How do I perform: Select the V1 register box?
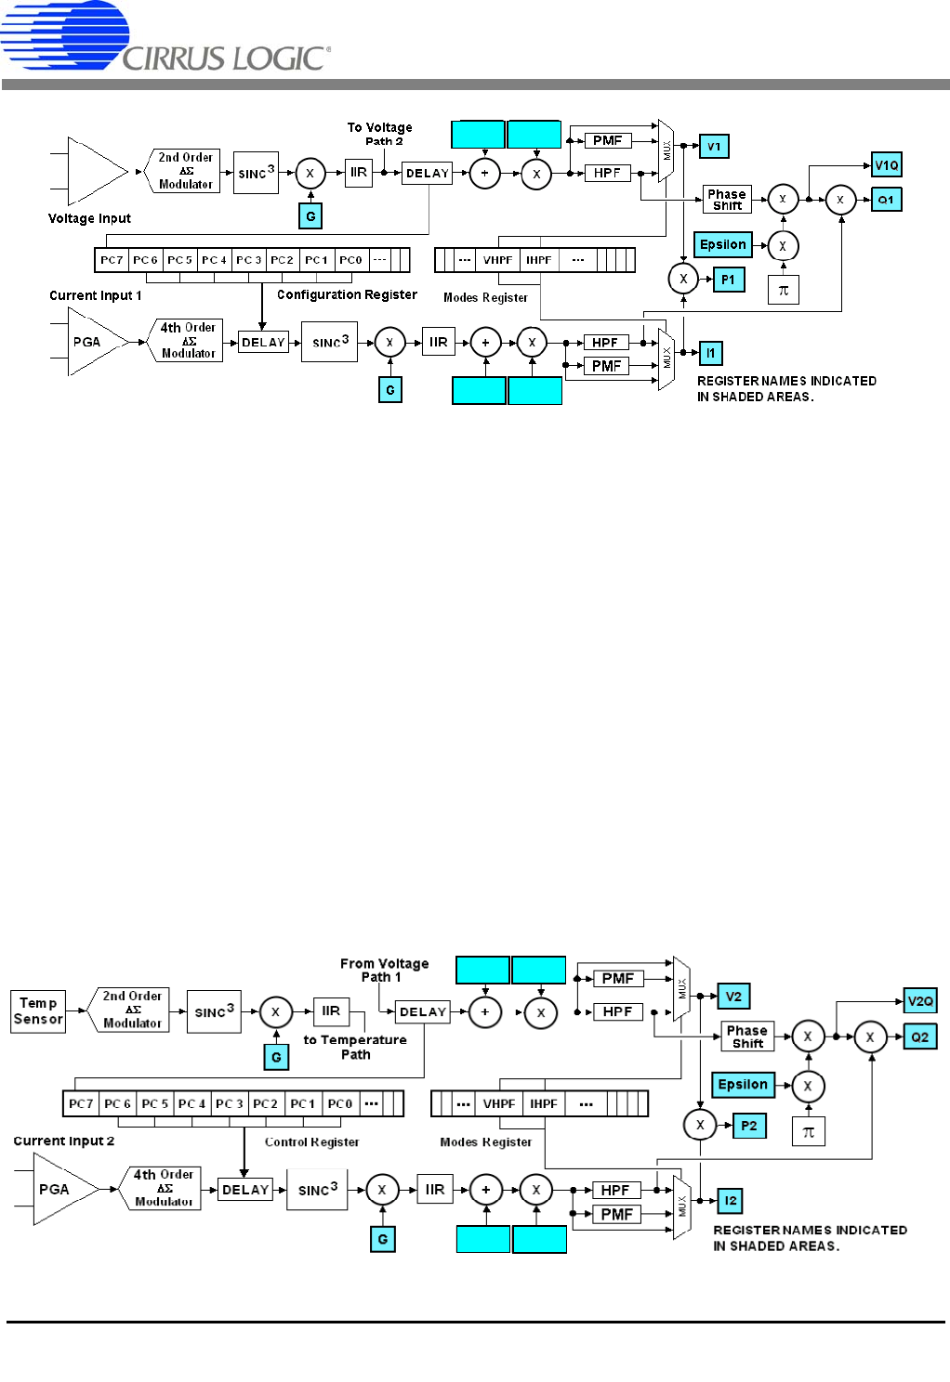(x=714, y=147)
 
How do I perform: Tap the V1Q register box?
(x=887, y=165)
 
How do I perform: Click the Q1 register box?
(x=886, y=200)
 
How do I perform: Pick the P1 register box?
(x=728, y=280)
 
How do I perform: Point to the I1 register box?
(x=710, y=353)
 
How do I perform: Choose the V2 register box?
(x=733, y=997)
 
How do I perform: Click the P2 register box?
(x=749, y=1126)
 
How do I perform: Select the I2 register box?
(x=731, y=1201)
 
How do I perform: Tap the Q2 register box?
(x=919, y=1037)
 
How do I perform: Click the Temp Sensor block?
(x=38, y=1011)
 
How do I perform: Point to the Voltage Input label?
(x=89, y=219)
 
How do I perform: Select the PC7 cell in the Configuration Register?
(x=112, y=260)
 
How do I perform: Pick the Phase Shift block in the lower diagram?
(x=747, y=1036)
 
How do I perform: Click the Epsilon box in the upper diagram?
(x=723, y=245)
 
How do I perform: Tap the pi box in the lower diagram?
(x=809, y=1132)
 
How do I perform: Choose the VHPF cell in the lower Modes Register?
(x=499, y=1104)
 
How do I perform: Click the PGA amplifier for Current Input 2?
(x=58, y=1190)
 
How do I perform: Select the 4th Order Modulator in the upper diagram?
(x=188, y=341)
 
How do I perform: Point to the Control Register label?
(x=311, y=1142)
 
